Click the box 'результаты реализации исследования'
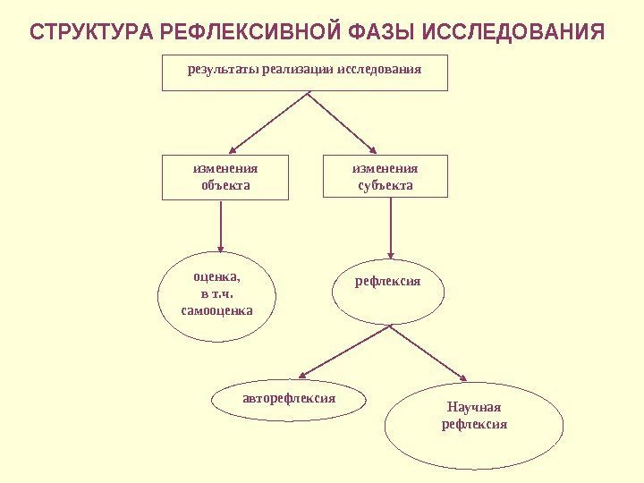pos(304,72)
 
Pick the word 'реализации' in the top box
pos(299,68)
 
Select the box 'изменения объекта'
pos(225,177)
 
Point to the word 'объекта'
pos(225,186)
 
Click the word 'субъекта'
pos(386,186)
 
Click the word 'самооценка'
pos(217,311)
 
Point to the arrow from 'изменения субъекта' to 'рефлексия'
pos(389,230)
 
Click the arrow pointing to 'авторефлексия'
pos(344,352)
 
